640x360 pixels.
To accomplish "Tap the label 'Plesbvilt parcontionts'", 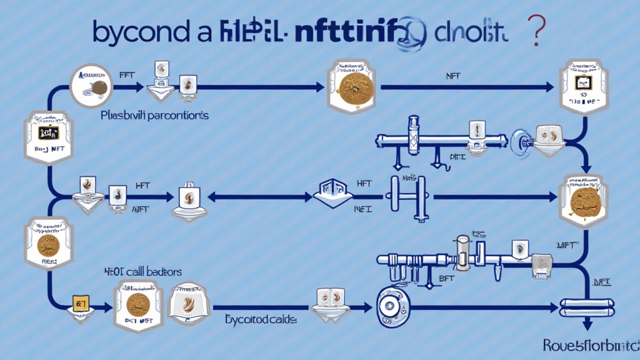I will (154, 116).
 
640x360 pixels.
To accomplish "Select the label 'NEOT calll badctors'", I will (143, 272).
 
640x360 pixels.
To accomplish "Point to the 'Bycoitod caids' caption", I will (261, 319).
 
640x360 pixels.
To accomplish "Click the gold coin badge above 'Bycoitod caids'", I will (138, 304).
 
